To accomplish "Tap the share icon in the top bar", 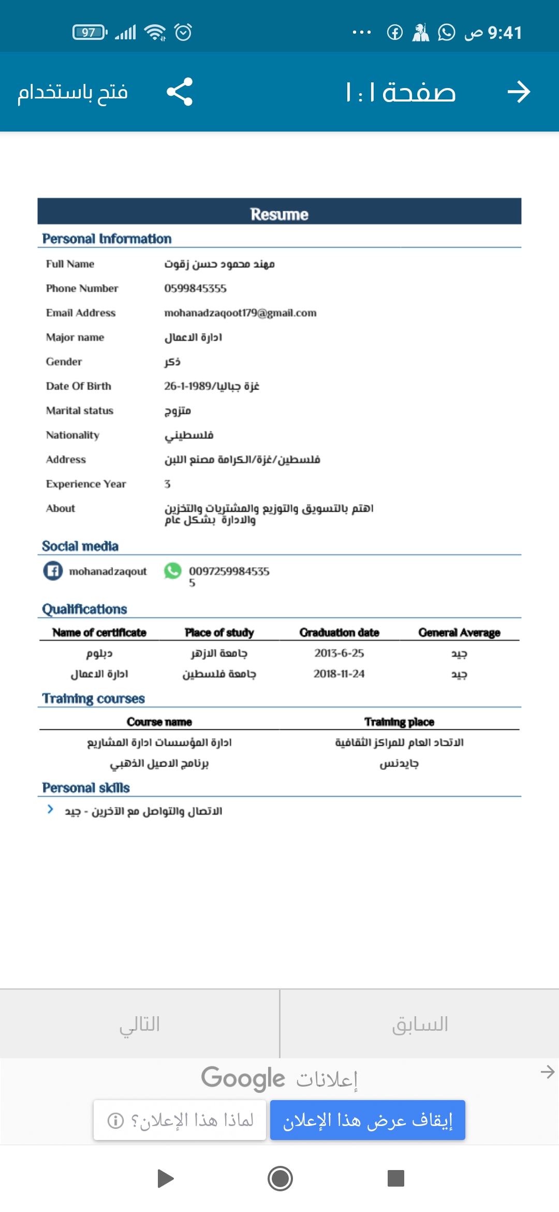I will coord(180,92).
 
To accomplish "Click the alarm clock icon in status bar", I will coord(183,32).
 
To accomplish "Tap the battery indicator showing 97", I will coord(90,32).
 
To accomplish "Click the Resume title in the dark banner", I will coord(279,214).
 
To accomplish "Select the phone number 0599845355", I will coord(195,288).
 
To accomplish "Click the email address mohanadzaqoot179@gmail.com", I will coord(240,313).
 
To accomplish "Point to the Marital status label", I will coord(79,411).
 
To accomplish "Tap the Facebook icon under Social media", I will coord(53,571).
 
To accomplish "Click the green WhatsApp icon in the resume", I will coord(172,571).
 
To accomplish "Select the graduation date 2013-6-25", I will coord(339,653).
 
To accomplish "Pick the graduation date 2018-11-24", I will coord(339,674).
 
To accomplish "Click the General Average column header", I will coord(459,632).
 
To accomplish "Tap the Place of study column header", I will coord(219,632).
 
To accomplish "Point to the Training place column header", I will coord(399,722).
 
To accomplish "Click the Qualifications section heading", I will coord(84,609).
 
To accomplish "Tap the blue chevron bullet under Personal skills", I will coord(50,810).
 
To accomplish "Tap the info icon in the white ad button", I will coord(115,1121).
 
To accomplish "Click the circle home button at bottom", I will coord(280,1178).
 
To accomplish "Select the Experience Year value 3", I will coord(167,484).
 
